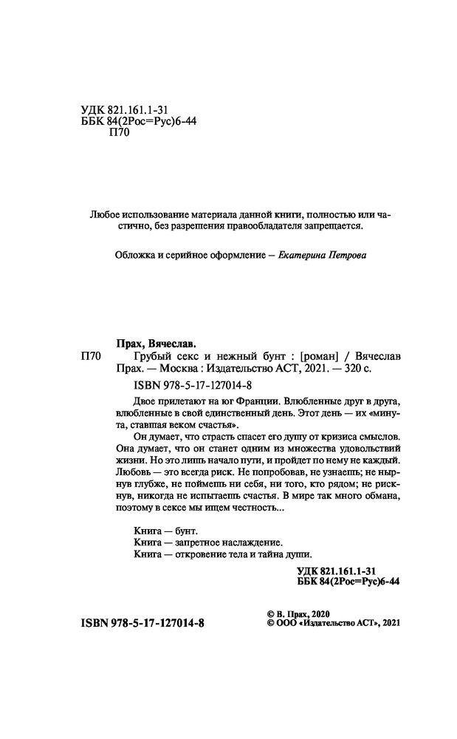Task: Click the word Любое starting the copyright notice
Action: click(100, 214)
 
